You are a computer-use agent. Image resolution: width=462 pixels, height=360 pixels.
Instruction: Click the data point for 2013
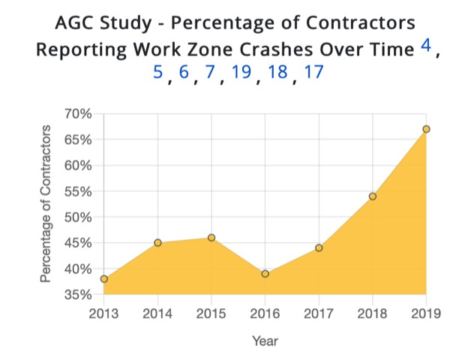(104, 279)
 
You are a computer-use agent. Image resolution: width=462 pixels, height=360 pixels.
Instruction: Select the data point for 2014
(157, 242)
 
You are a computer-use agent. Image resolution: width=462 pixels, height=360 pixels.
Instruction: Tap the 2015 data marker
(211, 237)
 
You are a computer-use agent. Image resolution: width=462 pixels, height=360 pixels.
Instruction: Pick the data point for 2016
(265, 274)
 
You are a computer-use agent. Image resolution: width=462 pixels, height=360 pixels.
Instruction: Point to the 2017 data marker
(319, 247)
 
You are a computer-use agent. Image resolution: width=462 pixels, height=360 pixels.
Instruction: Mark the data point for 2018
(372, 196)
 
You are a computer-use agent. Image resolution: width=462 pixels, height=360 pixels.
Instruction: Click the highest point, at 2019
(426, 129)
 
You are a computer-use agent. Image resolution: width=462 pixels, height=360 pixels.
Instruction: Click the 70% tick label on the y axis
(78, 114)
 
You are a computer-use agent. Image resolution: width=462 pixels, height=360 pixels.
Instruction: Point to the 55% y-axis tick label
(78, 191)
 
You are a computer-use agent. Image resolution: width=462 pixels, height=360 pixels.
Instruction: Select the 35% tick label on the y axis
(78, 295)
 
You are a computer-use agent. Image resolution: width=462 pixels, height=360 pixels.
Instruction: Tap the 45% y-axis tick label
(78, 243)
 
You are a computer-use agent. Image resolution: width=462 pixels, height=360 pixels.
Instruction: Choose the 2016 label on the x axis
(265, 313)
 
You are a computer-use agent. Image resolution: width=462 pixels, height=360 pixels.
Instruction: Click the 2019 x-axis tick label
(425, 313)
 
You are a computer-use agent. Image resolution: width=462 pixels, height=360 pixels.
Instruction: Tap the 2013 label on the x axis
(104, 313)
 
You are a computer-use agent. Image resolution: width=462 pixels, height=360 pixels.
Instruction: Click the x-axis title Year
(265, 341)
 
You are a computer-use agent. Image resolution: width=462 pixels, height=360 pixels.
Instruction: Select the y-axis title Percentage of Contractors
(46, 204)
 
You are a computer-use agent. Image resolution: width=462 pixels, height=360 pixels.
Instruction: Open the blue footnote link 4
(425, 46)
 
